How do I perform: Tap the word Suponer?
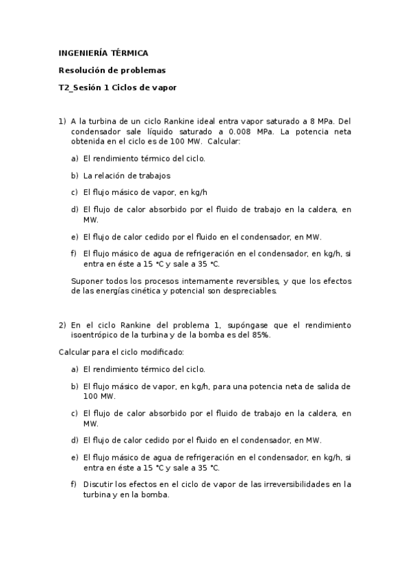pos(86,280)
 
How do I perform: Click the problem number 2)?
pos(62,325)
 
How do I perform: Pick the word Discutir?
pos(100,484)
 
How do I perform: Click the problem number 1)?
pos(62,121)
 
